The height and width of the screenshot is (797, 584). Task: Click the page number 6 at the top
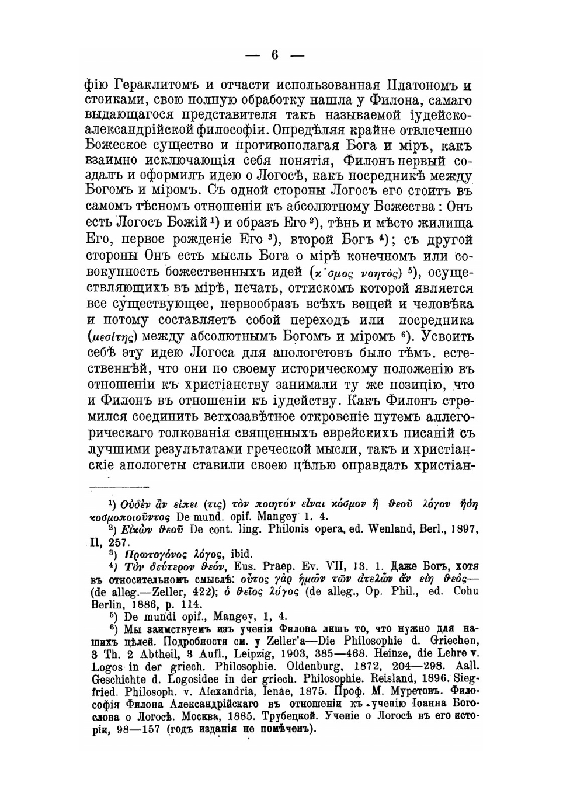tap(274, 55)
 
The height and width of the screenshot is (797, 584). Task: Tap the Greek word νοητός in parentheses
tap(380, 273)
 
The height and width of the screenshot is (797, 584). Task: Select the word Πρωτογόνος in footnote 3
tap(141, 553)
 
